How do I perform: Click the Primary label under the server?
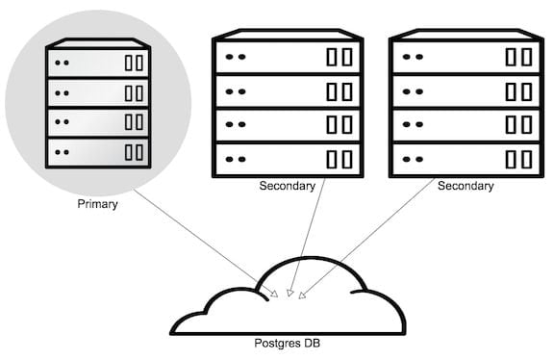tap(96, 204)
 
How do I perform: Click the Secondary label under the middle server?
tap(287, 186)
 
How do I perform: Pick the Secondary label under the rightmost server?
tap(466, 186)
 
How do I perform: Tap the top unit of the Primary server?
tap(99, 64)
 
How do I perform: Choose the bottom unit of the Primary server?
tap(99, 151)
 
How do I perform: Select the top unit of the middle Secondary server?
tap(287, 56)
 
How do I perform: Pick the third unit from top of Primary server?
tap(99, 122)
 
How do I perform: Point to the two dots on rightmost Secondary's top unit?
tap(413, 56)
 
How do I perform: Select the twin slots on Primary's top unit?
tap(134, 64)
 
